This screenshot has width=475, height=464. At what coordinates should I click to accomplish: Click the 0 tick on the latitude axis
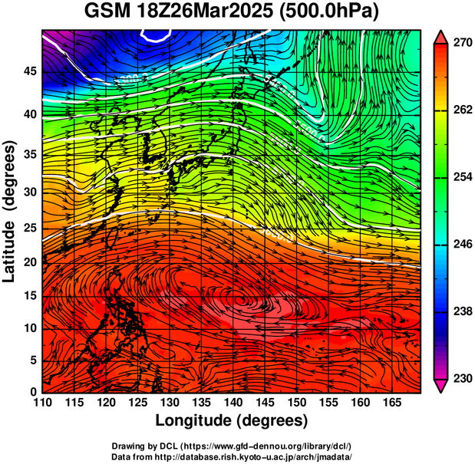31,392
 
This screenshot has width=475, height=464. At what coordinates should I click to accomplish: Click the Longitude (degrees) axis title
232,420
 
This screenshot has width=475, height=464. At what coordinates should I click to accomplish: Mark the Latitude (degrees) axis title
10,211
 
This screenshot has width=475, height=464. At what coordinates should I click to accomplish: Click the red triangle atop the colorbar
441,37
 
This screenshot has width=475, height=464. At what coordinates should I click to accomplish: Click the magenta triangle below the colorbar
441,386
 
